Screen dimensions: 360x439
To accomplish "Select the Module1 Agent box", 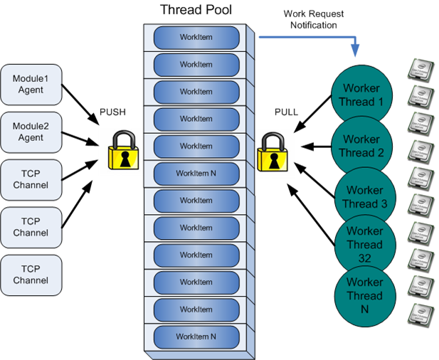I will pyautogui.click(x=31, y=84).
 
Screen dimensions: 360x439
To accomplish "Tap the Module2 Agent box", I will pyautogui.click(x=31, y=132).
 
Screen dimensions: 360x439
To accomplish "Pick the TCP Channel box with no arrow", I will pyautogui.click(x=31, y=275).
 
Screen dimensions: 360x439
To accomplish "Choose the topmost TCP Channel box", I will pyautogui.click(x=31, y=179).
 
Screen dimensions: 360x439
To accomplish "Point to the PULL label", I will pyautogui.click(x=287, y=112).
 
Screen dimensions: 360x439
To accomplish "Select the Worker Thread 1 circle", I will pyautogui.click(x=362, y=95).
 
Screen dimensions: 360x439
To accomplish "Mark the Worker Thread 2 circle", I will pyautogui.click(x=362, y=146).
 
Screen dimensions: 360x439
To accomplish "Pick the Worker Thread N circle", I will pyautogui.click(x=362, y=295).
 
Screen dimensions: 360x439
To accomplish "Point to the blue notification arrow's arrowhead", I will pyautogui.click(x=354, y=53).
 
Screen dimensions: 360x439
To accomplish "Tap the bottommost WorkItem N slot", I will pyautogui.click(x=196, y=336).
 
